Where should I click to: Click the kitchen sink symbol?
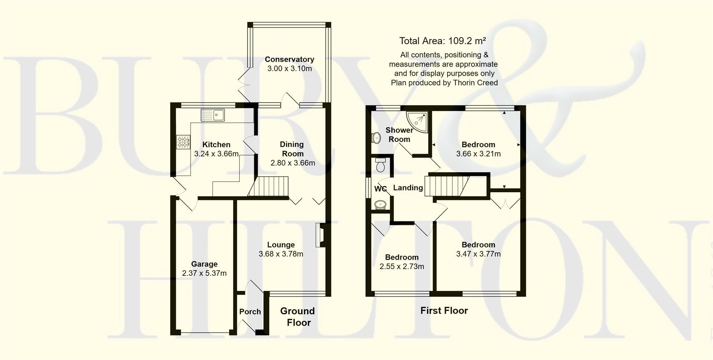coord(212,115)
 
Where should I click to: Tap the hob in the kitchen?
coord(183,142)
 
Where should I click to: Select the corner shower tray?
coord(418,121)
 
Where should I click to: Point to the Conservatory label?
coord(289,59)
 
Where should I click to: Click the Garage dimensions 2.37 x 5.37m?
coord(204,274)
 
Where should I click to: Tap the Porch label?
coord(250,312)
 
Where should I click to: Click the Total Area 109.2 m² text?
coord(443,41)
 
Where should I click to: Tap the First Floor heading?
coord(444,311)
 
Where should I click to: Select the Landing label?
coord(408,188)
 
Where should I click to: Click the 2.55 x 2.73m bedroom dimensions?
coord(402,266)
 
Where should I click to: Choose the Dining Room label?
coord(292,149)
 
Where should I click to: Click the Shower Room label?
coord(399,135)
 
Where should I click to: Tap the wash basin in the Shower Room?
coord(376,138)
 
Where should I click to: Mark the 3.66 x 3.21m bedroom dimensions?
coord(478,154)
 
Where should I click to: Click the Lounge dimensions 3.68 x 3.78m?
coord(281,254)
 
